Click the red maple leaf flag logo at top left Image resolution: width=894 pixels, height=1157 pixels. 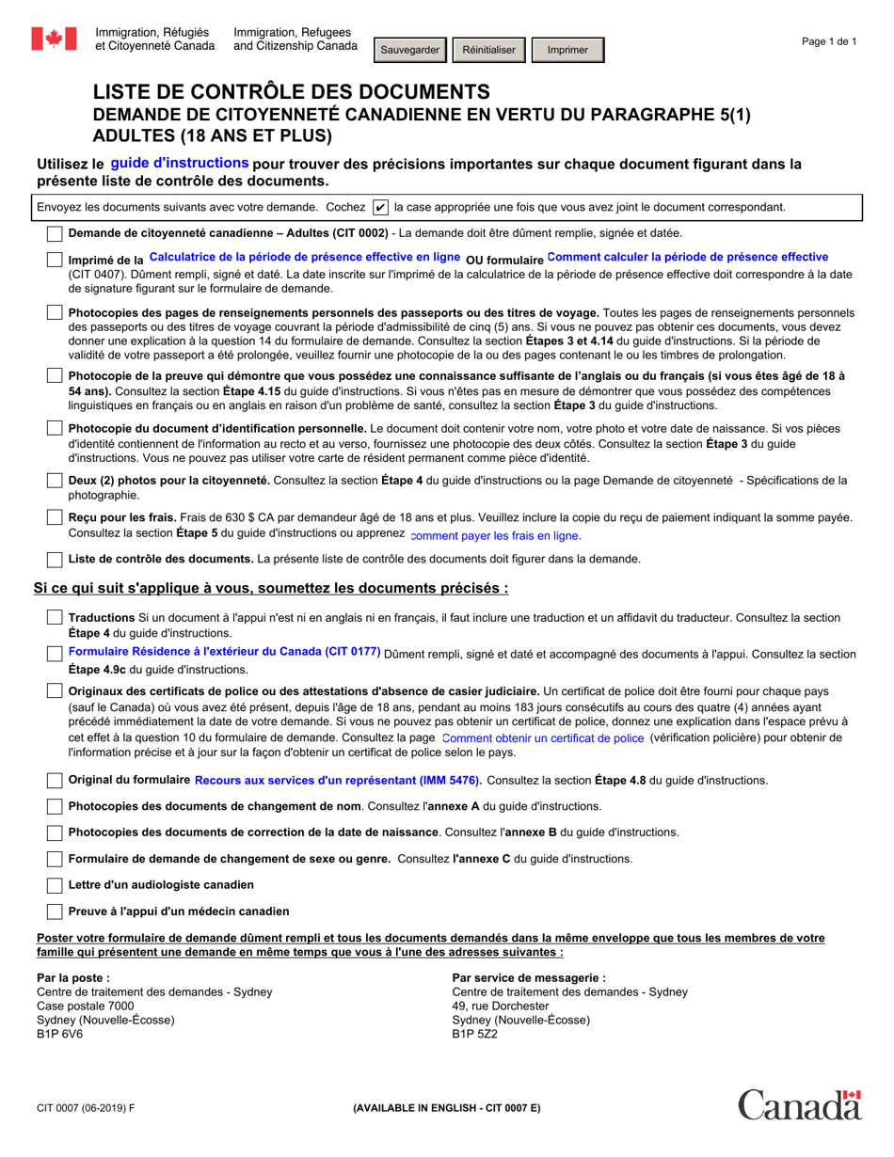(x=54, y=39)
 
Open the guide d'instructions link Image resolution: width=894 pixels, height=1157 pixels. (x=180, y=163)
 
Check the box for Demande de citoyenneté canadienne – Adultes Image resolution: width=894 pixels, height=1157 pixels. (x=56, y=233)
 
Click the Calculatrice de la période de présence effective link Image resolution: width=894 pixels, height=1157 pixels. (x=305, y=257)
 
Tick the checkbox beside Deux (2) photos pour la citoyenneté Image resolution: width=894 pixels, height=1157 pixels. (x=56, y=481)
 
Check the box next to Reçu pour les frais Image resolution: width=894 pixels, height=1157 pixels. (x=56, y=517)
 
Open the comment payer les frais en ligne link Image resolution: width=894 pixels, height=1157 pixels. (x=496, y=535)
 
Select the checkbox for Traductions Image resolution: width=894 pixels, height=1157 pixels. (x=56, y=618)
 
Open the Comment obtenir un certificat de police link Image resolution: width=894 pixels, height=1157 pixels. (x=542, y=738)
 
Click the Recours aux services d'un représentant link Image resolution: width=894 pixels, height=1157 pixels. (x=338, y=780)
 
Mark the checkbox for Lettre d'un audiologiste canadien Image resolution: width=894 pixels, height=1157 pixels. (x=56, y=884)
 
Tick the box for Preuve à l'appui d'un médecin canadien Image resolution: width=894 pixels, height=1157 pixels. (x=56, y=911)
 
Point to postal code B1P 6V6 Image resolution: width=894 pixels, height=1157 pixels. (x=59, y=1033)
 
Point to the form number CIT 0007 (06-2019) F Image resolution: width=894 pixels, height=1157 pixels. (x=86, y=1107)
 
